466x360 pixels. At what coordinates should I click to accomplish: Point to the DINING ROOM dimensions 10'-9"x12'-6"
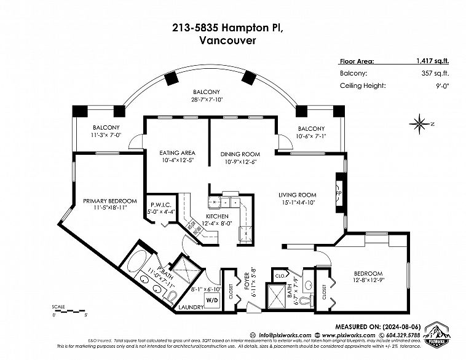coord(240,162)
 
